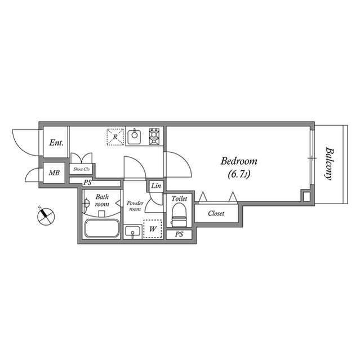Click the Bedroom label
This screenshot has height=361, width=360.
point(239,161)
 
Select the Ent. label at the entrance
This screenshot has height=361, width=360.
point(56,143)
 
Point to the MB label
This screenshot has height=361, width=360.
point(54,173)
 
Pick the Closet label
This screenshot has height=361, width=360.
point(216,213)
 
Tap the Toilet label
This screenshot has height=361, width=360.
point(179,199)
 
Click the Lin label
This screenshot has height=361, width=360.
point(156,186)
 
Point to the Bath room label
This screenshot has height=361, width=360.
point(101,200)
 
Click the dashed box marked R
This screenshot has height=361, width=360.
point(115,137)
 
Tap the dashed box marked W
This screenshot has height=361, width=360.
point(153,228)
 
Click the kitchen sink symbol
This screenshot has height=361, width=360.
point(135,137)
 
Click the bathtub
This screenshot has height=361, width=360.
point(101,230)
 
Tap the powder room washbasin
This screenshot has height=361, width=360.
point(133,231)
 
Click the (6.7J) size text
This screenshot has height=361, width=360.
point(239,174)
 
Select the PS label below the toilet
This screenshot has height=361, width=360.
point(179,234)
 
